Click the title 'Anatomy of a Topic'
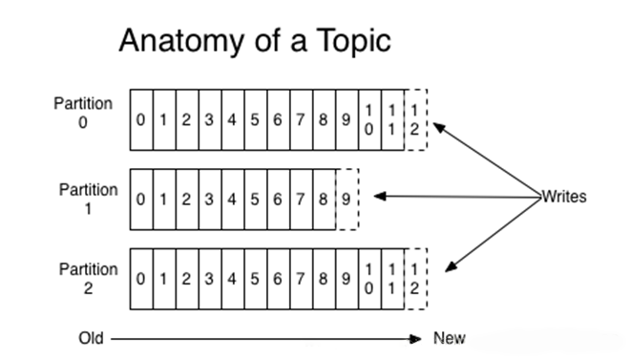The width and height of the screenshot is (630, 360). pos(255,40)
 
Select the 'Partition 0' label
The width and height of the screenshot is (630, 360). pos(83,113)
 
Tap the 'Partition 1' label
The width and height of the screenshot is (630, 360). pos(89,199)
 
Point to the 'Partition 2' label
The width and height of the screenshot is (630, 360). pos(89,279)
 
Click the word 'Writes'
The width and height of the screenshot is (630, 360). pos(564,197)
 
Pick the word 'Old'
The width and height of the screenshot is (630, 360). pos(91,338)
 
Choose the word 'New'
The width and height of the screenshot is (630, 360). pos(450,338)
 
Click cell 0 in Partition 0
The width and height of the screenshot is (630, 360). pos(141,119)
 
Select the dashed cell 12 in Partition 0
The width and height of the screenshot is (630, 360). pos(416,119)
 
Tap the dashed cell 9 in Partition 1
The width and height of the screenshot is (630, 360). pos(347,200)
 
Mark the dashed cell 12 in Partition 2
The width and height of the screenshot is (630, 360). pos(416,279)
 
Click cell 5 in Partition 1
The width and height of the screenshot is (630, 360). pos(256,200)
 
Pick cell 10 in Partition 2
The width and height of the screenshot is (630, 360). pos(370,279)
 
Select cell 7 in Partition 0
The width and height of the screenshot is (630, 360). pos(302,119)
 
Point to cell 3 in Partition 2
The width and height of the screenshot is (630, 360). pos(210,279)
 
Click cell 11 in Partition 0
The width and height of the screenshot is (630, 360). pos(393,119)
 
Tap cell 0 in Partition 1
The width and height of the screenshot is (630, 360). pos(141,200)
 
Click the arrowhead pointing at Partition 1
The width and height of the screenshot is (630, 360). pos(380,196)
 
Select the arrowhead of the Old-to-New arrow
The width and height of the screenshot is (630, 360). pos(415,339)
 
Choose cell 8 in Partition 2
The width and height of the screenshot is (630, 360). pos(325,279)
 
